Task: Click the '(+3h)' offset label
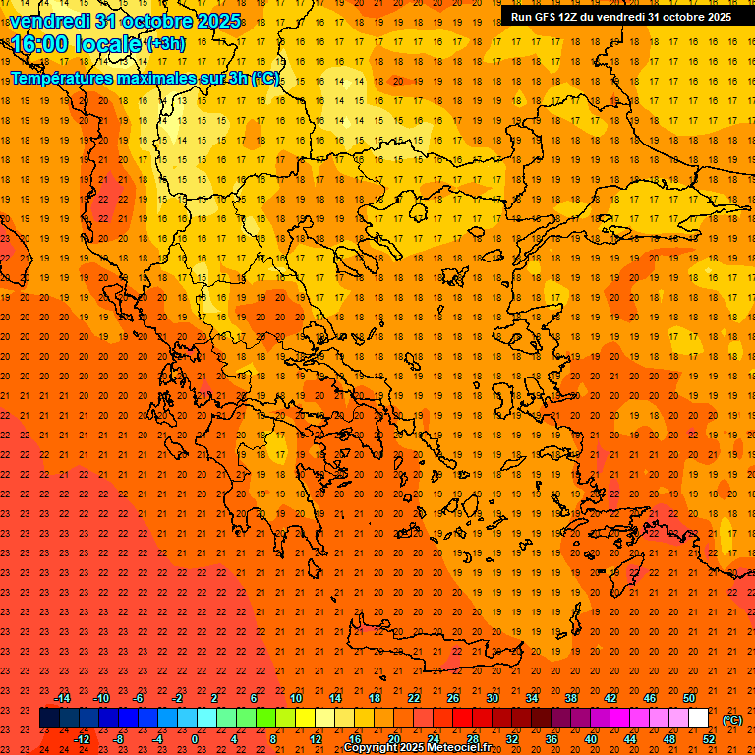164,43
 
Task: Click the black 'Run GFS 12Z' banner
620,17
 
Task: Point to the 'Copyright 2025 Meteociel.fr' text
417,748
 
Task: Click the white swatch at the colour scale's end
698,719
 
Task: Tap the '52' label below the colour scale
709,739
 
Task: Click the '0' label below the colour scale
195,739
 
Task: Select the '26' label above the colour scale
453,698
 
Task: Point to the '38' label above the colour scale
571,698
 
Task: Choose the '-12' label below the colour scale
83,739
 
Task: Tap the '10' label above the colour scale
296,698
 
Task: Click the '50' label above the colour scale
689,698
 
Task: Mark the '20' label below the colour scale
394,739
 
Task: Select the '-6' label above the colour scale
139,698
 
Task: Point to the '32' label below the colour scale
512,739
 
